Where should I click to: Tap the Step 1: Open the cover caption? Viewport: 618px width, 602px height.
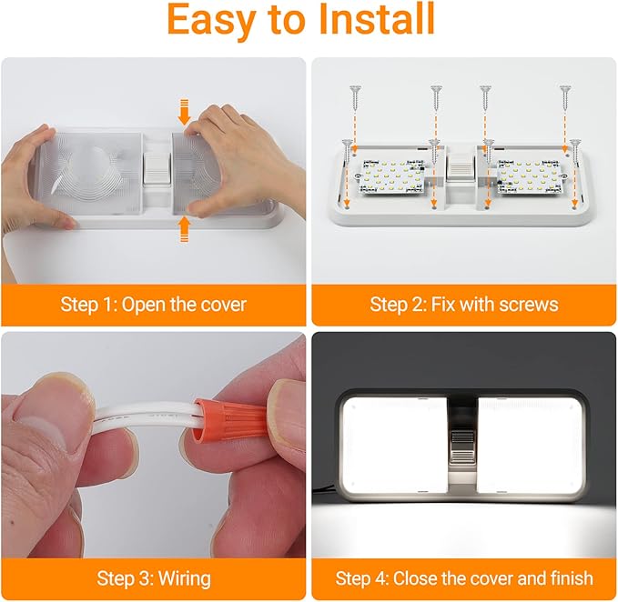tap(153, 304)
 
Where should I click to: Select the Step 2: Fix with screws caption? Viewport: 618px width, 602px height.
tap(464, 304)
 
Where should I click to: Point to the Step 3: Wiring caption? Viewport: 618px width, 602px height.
tap(153, 577)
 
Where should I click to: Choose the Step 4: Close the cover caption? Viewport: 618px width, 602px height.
tap(464, 577)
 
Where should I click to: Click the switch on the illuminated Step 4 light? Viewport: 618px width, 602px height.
tap(461, 450)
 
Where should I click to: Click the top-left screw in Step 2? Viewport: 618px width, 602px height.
tap(351, 91)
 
